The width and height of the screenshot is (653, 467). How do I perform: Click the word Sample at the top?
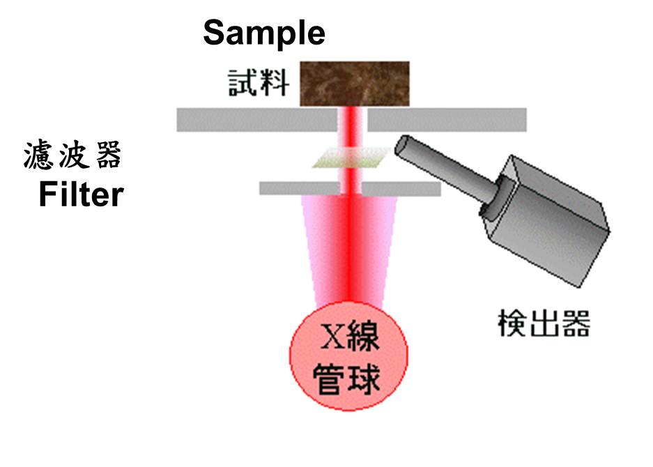(264, 33)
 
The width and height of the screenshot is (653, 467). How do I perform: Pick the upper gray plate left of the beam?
(258, 119)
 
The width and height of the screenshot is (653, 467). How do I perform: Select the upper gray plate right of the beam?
(446, 119)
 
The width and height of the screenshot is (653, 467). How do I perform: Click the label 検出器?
(544, 323)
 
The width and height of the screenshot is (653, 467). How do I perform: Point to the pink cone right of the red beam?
(383, 244)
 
